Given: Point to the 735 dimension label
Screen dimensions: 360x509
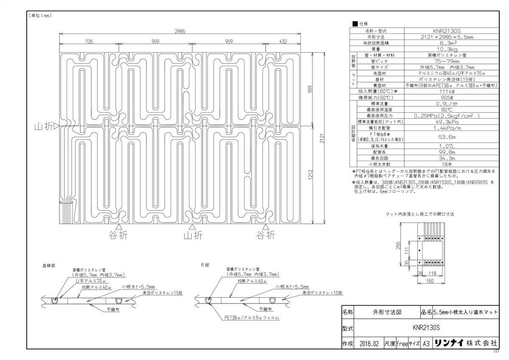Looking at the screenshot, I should tap(89, 41).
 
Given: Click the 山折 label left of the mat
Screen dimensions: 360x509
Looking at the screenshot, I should tap(45, 126).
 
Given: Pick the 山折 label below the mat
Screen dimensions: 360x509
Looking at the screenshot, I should tap(193, 234).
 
